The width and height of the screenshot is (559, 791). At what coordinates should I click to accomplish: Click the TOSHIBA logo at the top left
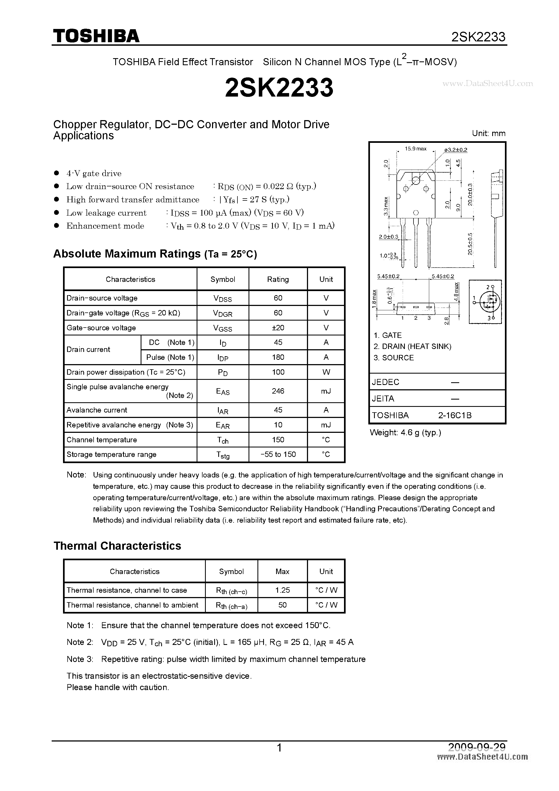[x=96, y=36]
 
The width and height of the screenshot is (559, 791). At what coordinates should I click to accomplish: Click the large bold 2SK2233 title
[x=279, y=87]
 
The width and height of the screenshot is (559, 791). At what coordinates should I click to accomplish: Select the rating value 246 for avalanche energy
[x=278, y=391]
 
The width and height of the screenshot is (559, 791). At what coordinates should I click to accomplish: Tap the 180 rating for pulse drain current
[x=278, y=357]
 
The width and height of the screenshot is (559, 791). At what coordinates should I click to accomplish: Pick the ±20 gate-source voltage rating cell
[x=278, y=328]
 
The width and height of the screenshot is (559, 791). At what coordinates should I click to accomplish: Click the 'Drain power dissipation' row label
[x=126, y=372]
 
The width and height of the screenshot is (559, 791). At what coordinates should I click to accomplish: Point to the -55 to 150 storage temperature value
[x=278, y=454]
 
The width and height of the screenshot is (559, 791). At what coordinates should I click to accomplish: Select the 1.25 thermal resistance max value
[x=282, y=590]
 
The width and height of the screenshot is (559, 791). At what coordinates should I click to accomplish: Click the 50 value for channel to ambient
[x=282, y=605]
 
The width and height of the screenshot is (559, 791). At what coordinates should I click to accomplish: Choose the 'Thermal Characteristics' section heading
[x=117, y=546]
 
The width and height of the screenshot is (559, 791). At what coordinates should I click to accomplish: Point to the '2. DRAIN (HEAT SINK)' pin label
[x=412, y=347]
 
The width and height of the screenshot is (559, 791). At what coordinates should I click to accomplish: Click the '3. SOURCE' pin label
[x=394, y=358]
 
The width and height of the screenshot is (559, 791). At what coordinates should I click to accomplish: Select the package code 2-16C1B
[x=455, y=416]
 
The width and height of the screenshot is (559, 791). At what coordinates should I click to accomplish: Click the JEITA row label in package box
[x=383, y=398]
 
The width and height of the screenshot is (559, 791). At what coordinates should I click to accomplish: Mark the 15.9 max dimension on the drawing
[x=415, y=149]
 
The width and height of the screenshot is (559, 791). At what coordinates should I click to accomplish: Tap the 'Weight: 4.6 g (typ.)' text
[x=405, y=433]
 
